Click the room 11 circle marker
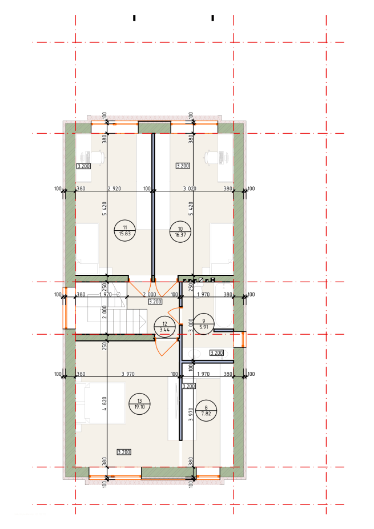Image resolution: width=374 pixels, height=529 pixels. [x=125, y=231]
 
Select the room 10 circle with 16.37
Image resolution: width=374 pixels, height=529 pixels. [x=180, y=232]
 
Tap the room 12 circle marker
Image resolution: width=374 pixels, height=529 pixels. [x=164, y=327]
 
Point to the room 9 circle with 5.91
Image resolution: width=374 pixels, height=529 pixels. [x=204, y=324]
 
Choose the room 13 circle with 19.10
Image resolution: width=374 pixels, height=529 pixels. [x=140, y=404]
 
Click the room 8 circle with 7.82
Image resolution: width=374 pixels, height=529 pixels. [x=206, y=411]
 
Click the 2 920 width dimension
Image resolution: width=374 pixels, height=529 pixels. [x=114, y=189]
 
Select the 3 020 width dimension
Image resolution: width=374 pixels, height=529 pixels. [x=190, y=189]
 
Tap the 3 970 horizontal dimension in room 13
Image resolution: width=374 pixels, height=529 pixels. [x=128, y=374]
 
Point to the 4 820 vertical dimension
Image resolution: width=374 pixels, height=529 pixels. [x=104, y=403]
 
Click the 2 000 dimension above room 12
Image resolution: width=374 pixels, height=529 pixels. [x=150, y=295]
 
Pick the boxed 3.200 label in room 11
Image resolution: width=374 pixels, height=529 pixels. [x=83, y=166]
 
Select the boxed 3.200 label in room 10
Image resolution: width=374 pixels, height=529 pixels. [x=183, y=166]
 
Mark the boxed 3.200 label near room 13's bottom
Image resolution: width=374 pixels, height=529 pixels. [x=124, y=452]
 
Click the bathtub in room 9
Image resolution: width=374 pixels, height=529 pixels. [x=224, y=305]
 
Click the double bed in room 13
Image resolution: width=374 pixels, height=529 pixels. [x=100, y=403]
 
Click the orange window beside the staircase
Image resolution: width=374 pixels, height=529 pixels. [x=66, y=308]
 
